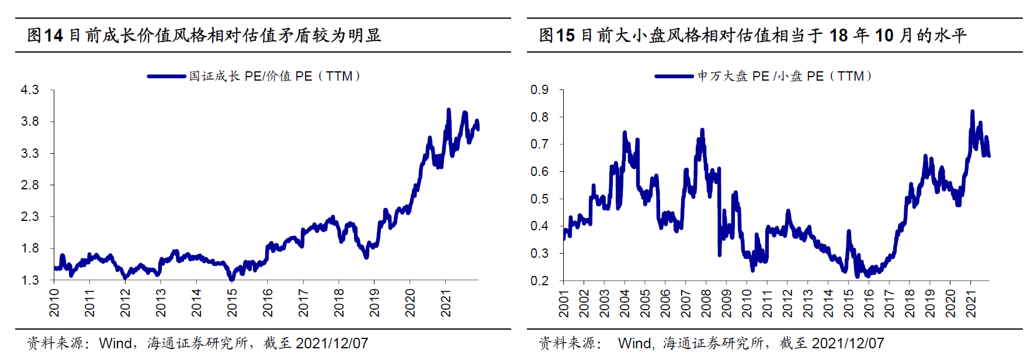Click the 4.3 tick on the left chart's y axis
click(30, 90)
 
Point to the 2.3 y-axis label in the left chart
click(30, 217)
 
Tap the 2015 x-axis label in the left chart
click(232, 302)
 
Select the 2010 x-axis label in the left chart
click(54, 302)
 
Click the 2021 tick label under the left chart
click(446, 302)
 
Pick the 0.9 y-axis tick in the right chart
click(539, 90)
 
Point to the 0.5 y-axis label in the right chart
click(539, 199)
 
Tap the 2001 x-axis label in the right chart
click(564, 303)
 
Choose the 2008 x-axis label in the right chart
click(706, 303)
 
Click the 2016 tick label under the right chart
click(869, 303)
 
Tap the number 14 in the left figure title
click(53, 36)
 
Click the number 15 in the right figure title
click(565, 36)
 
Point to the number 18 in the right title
click(838, 36)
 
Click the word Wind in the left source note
click(115, 344)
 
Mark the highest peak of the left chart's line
click(449, 110)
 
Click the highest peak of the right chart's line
click(973, 111)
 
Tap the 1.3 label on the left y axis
click(30, 281)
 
